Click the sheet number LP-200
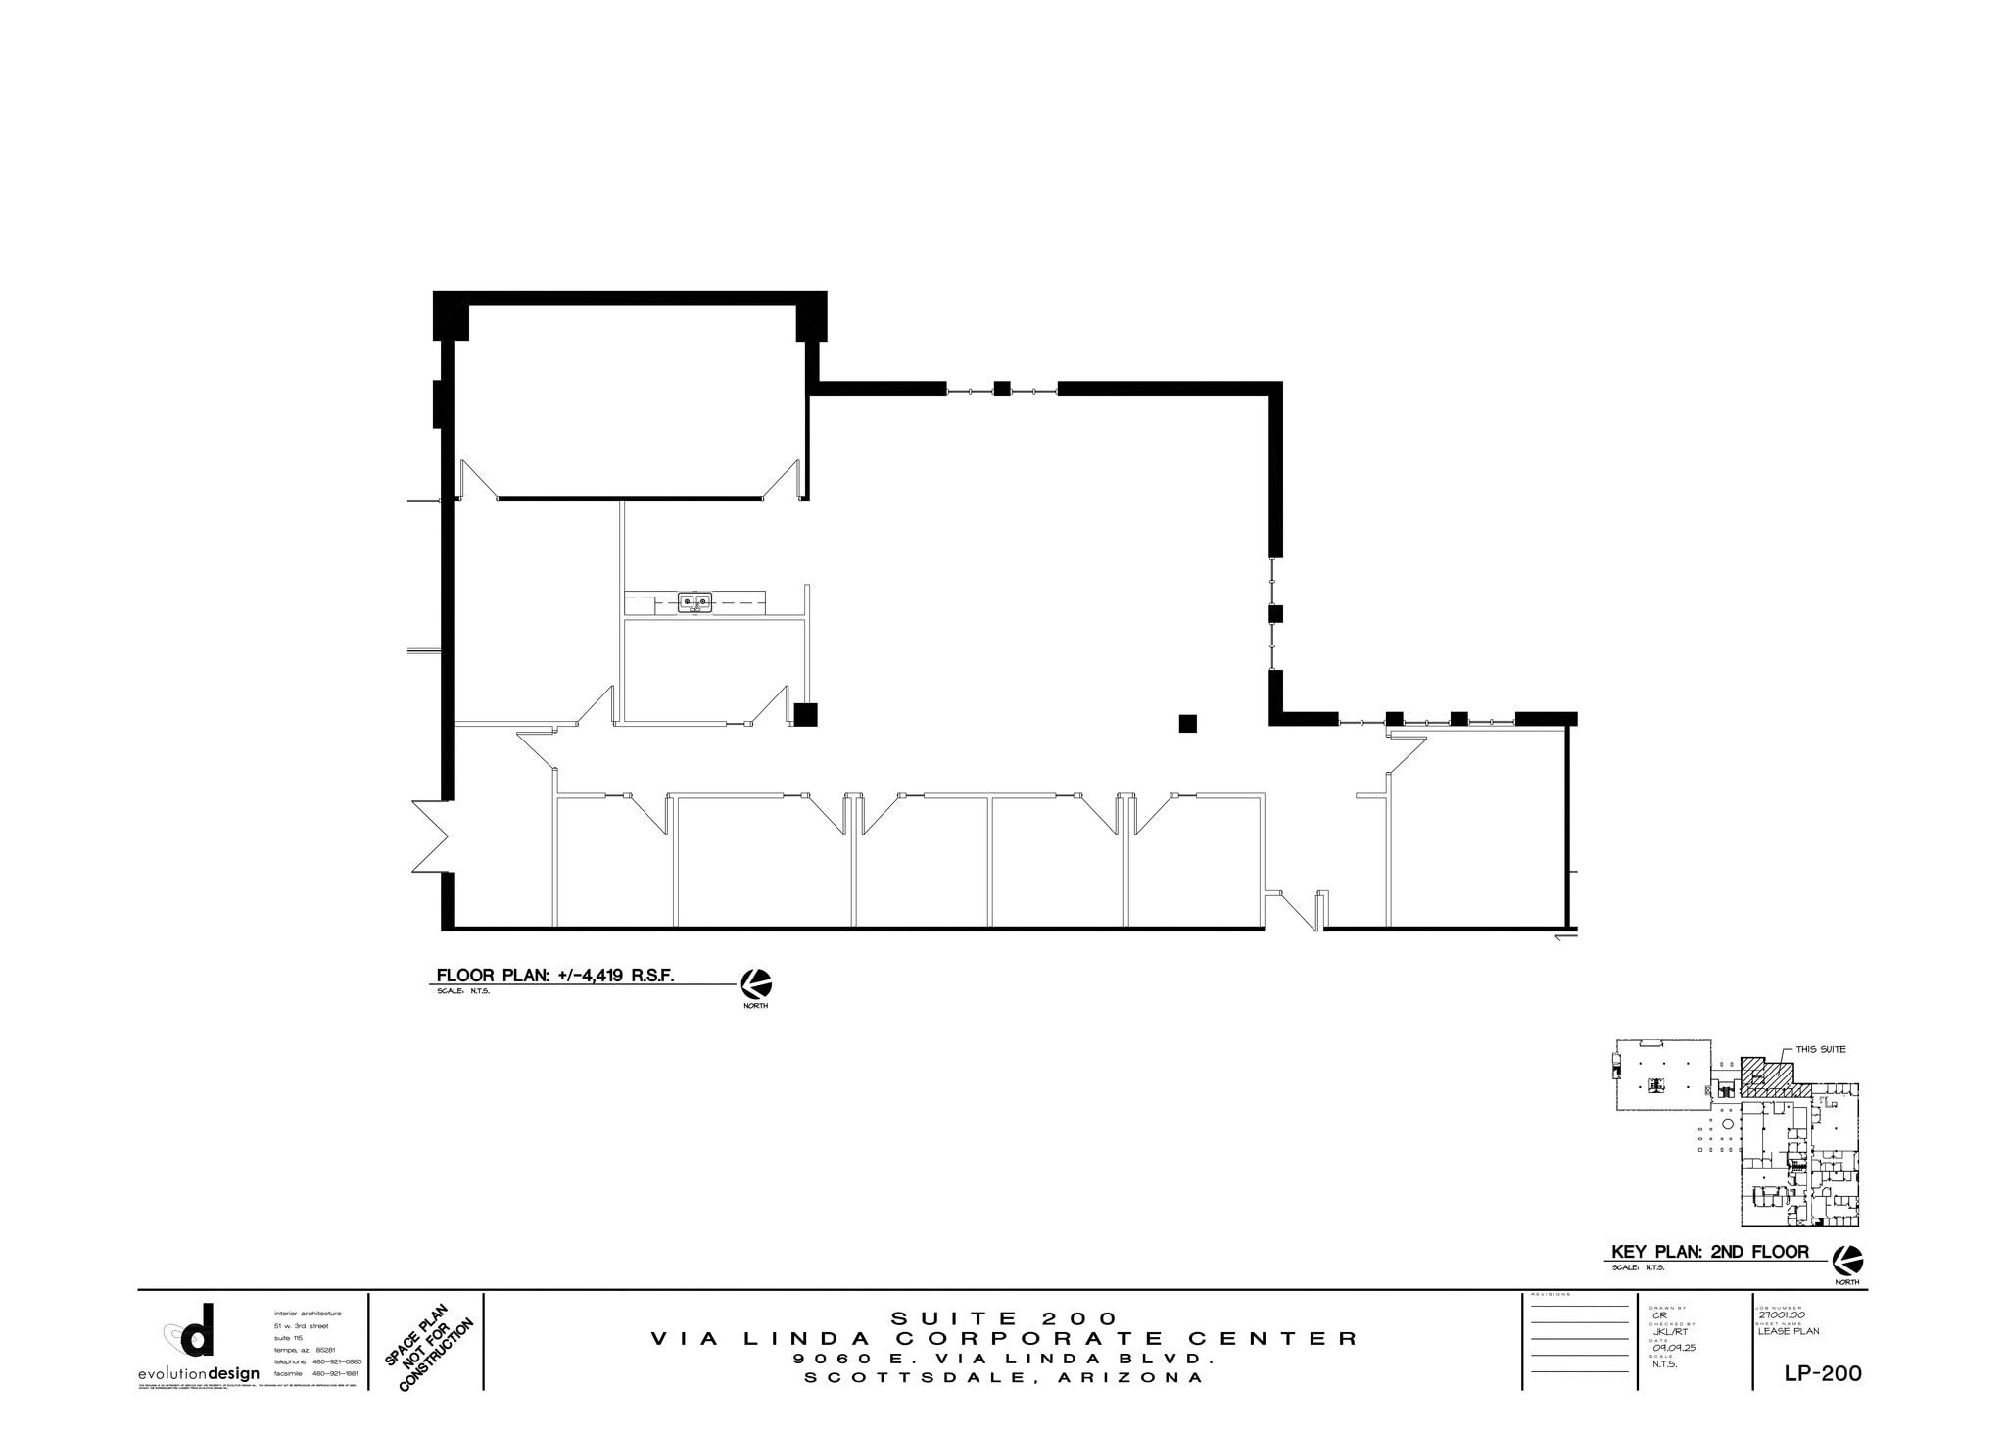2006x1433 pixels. (x=1822, y=1373)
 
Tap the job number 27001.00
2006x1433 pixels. (x=1781, y=1315)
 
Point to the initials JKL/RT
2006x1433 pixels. (x=1670, y=1331)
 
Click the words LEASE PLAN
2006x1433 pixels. (x=1789, y=1331)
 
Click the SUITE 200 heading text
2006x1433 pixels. (x=1004, y=1318)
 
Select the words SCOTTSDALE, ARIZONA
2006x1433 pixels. (x=1004, y=1378)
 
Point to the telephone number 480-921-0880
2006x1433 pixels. (x=337, y=1361)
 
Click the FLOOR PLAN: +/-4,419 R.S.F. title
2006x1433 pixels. (x=555, y=976)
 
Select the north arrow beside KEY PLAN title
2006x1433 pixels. (x=1847, y=1260)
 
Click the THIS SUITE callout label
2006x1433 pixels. (x=1820, y=1049)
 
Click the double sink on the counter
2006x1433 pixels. (x=696, y=601)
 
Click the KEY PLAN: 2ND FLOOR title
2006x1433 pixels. (x=1709, y=1252)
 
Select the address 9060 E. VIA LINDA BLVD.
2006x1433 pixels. (x=1004, y=1360)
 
